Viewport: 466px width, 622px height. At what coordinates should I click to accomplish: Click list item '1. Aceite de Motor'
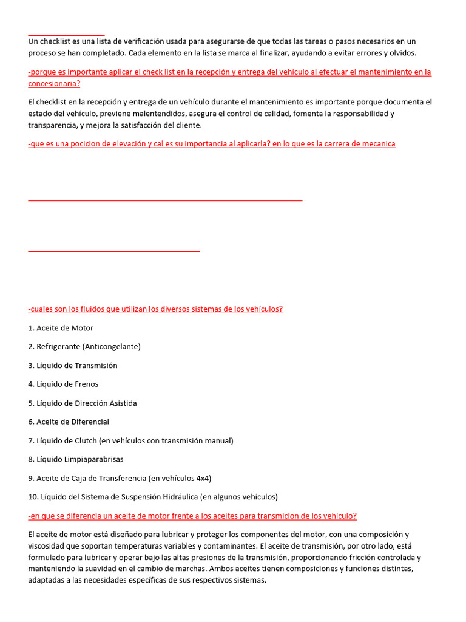coord(61,328)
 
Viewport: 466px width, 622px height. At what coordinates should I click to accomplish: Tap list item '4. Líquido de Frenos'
coord(63,384)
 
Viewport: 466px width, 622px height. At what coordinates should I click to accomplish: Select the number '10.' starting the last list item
coord(33,497)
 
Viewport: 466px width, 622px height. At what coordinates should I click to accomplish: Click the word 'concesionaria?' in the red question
coord(53,83)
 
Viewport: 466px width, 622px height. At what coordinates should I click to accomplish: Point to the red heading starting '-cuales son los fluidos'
coord(155,309)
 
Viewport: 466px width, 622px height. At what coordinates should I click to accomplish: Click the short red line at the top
coord(66,35)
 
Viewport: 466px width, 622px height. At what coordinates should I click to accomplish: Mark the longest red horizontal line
coord(165,200)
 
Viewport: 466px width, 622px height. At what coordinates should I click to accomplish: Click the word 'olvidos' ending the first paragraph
coord(402,53)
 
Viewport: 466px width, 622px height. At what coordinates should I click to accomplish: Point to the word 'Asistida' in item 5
coord(121,403)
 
